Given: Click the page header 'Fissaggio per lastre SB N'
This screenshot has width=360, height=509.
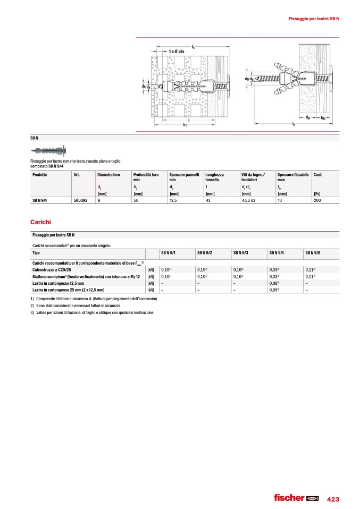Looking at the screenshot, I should (x=314, y=19).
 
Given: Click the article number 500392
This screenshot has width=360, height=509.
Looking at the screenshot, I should (x=81, y=201).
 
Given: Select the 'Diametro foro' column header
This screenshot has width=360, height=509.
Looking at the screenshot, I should (x=108, y=174).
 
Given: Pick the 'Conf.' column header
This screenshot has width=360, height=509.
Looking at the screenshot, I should (x=318, y=174).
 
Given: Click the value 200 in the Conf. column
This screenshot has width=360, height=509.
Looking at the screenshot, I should (x=317, y=201).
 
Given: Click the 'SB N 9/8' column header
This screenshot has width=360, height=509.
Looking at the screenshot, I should (x=313, y=253).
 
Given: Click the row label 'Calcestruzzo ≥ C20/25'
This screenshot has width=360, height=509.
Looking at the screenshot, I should (x=55, y=270).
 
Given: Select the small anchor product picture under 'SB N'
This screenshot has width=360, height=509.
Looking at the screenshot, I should (x=51, y=149).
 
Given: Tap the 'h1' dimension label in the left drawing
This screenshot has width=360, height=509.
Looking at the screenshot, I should (x=185, y=125).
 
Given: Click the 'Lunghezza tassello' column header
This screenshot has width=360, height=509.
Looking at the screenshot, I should (x=214, y=177).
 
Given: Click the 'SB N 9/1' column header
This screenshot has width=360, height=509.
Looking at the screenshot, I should (x=169, y=253).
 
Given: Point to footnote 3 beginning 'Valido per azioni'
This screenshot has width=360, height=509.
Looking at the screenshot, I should (x=96, y=312).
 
